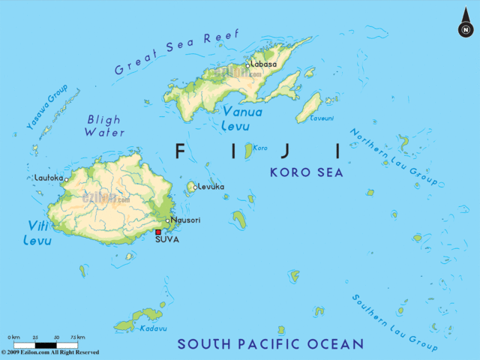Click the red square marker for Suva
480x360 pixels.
tap(158, 232)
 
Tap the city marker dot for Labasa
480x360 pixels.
tap(247, 65)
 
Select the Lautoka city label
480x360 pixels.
tap(48, 178)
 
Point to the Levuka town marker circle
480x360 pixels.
tap(194, 187)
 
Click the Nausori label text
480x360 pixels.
tap(184, 220)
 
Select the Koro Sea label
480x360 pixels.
tap(306, 172)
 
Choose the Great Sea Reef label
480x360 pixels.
tap(177, 52)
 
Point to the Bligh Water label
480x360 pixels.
tap(105, 125)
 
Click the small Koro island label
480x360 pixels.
tap(261, 148)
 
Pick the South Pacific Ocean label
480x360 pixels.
tap(270, 344)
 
